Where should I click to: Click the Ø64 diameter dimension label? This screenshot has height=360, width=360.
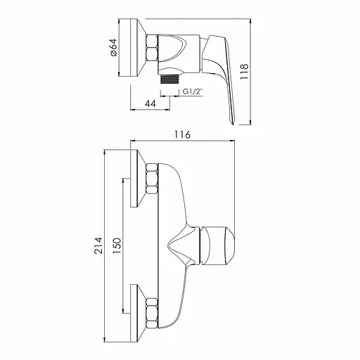coord(113,48)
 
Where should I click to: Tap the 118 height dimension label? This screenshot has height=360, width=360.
coord(244,71)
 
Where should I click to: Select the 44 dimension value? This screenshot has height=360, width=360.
coord(150,103)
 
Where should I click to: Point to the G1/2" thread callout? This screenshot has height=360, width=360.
coord(193,91)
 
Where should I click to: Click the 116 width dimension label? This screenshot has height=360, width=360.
coord(183,135)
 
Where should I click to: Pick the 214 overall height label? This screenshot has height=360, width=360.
coord(98,245)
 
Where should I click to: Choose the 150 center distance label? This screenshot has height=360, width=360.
coord(117,245)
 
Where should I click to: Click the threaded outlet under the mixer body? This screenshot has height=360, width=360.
coord(169,79)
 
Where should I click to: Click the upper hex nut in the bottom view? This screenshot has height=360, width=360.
coord(152,179)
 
